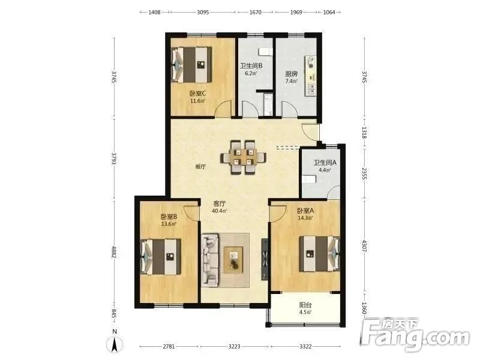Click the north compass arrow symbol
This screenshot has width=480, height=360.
(x=115, y=344)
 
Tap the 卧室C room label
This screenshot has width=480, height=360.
(x=197, y=93)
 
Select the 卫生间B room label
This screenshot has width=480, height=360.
(x=251, y=66)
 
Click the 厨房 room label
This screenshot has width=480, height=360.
(x=291, y=74)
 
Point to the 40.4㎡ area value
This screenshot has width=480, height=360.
(x=220, y=211)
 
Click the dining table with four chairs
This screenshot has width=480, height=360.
(x=243, y=157)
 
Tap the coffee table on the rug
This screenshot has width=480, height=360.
(x=233, y=260)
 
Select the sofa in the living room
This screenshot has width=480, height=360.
(x=211, y=260)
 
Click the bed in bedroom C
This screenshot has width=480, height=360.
(x=191, y=65)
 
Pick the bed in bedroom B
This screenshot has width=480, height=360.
(x=160, y=257)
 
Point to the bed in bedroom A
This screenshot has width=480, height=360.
(x=319, y=253)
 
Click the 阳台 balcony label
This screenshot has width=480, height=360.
(x=305, y=305)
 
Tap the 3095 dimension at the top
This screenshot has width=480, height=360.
(x=203, y=12)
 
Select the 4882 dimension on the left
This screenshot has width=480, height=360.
(x=114, y=251)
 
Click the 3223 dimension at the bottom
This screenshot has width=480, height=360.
(x=234, y=347)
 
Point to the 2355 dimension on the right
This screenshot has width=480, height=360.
(x=364, y=173)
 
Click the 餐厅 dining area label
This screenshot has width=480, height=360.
(x=200, y=167)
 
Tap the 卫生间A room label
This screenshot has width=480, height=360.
(x=325, y=163)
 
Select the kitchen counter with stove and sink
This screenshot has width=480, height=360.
(x=310, y=76)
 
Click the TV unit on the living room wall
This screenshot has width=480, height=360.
(x=265, y=259)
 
